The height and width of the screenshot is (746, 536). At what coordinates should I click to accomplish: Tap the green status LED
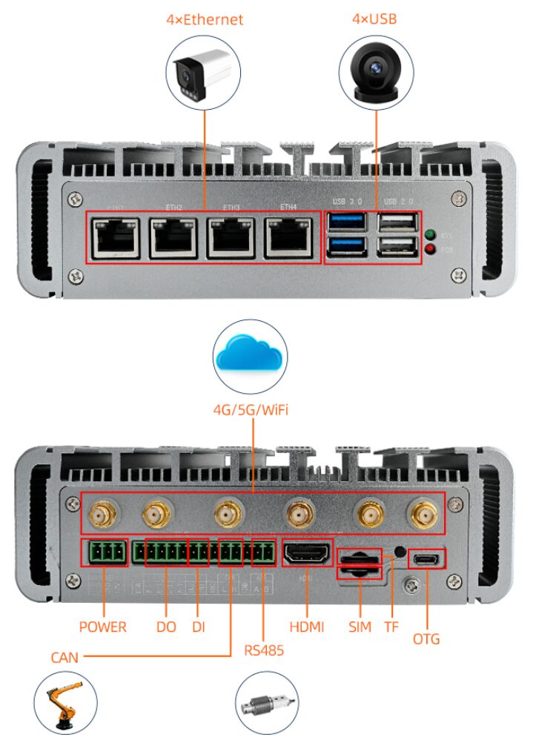tap(431, 236)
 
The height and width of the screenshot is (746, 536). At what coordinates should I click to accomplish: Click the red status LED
tap(431, 250)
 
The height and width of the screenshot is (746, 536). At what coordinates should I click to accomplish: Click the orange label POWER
tap(102, 627)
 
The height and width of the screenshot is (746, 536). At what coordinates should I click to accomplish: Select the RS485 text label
tap(264, 650)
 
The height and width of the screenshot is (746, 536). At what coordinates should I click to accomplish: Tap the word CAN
tap(64, 657)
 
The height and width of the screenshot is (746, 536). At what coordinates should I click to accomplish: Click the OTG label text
tap(426, 638)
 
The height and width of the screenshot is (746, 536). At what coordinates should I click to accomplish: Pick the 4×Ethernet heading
tap(205, 19)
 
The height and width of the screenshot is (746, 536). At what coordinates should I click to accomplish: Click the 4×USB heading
tap(374, 18)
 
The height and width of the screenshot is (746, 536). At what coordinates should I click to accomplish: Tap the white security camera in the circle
tap(205, 71)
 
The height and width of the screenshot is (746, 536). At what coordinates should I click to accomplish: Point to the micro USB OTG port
tap(426, 558)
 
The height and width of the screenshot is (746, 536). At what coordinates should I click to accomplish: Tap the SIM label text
tap(360, 627)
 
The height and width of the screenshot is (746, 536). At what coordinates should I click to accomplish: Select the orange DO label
tap(166, 627)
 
